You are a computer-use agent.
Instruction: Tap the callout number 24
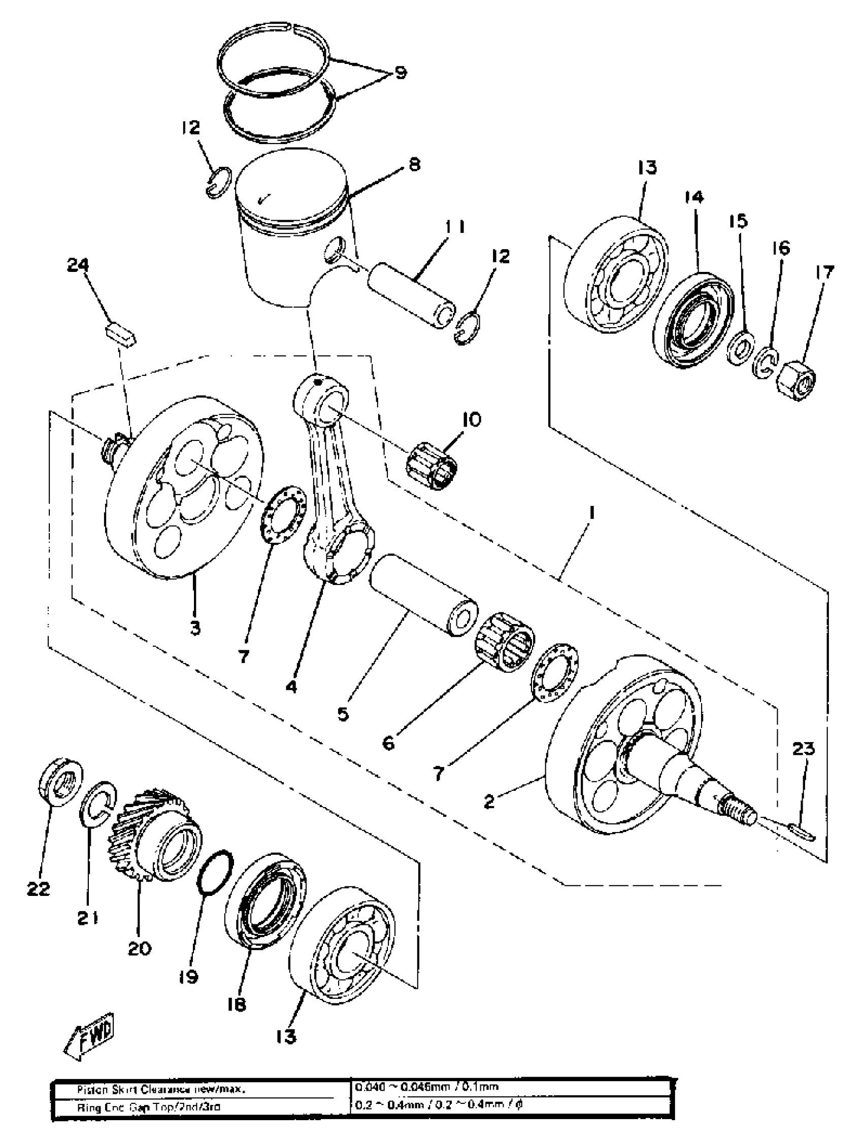(78, 266)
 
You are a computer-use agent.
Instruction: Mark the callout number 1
(591, 513)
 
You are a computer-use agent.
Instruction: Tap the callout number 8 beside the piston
(414, 165)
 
